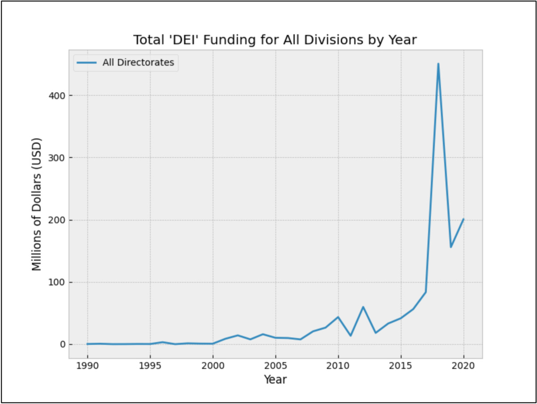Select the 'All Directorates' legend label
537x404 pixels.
point(138,63)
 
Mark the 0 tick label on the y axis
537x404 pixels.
point(63,344)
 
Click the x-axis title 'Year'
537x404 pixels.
point(275,380)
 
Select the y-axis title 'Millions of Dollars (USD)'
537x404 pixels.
point(37,204)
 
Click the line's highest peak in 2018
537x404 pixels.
point(438,64)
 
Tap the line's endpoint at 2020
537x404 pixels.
point(464,219)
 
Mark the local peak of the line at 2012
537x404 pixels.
point(363,307)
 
